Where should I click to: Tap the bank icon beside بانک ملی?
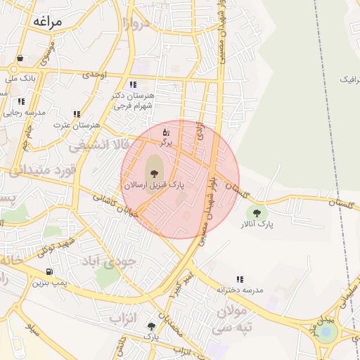coord(20,58)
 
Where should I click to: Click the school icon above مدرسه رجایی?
coord(21,102)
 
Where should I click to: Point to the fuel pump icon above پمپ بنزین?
coord(49,271)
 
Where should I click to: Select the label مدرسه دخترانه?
coord(240,290)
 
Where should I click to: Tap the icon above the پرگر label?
coord(166,131)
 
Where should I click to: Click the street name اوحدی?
coord(94,73)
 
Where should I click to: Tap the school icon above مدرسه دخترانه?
coord(240,279)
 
